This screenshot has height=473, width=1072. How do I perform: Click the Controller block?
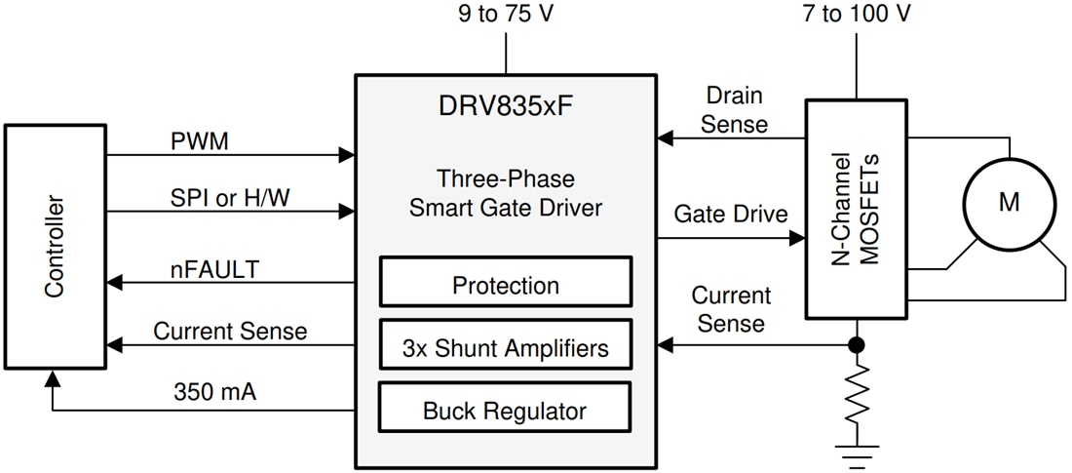point(55,247)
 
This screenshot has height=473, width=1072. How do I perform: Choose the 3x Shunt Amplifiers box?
point(505,346)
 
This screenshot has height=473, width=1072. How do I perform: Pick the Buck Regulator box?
point(505,410)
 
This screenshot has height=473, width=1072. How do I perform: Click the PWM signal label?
point(199,141)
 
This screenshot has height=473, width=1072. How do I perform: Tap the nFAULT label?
point(214,268)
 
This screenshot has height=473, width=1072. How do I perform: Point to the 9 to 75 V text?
point(505,15)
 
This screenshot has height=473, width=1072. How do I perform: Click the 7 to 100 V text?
point(857,15)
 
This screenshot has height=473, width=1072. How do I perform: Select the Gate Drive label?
point(730,214)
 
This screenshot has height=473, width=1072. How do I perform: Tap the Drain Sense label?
point(734,110)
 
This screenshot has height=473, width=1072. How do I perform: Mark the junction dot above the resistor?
point(857,344)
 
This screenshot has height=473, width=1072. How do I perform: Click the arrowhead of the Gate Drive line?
point(797,237)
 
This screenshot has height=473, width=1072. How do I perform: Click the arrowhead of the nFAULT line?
point(114,283)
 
